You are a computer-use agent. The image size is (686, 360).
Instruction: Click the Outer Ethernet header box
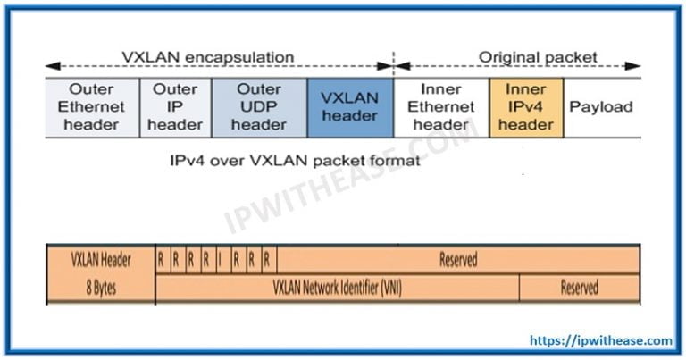pos(92,107)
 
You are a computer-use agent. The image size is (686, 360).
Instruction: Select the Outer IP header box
pos(175,107)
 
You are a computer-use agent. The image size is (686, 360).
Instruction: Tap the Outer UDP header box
pos(259,107)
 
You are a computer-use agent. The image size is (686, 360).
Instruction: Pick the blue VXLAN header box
pos(349,107)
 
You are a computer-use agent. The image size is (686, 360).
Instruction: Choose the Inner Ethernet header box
pos(440,107)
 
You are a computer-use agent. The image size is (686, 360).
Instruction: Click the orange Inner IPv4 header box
pos(526,107)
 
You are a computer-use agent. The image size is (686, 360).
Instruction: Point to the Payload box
pos(601,107)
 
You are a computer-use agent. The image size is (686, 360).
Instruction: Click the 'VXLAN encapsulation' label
pos(207,57)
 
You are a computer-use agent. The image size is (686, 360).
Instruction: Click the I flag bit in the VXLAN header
pos(220,260)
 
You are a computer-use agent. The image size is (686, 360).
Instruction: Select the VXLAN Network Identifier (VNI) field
pos(337,288)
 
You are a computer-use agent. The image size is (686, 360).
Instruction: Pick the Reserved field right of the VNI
pos(579,288)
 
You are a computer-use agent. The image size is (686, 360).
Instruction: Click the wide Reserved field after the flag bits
pos(457,260)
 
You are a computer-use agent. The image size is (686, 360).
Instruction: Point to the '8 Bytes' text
pos(101,288)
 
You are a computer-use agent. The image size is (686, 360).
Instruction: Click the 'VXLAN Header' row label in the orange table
pos(101,260)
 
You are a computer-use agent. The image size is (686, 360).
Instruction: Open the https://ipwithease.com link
pos(600,340)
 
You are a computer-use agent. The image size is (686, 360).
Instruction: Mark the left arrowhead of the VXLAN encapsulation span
pos(51,66)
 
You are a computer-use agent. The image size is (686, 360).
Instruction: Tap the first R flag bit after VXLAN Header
pos(161,260)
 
